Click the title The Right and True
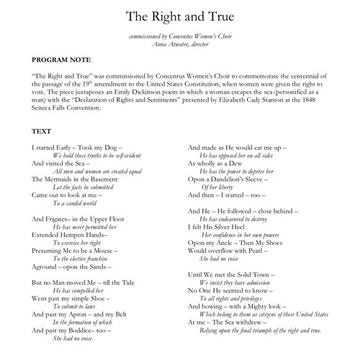179,15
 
